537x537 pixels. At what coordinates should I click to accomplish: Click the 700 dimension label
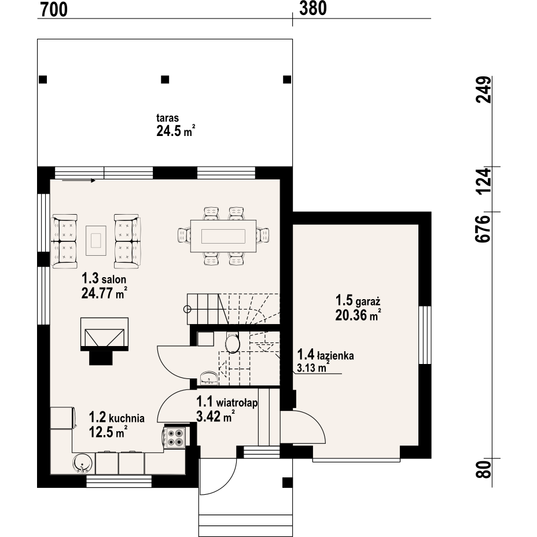pyautogui.click(x=54, y=10)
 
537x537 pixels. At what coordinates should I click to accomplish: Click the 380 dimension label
pyautogui.click(x=313, y=9)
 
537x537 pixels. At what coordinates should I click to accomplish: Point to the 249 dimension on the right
pyautogui.click(x=483, y=90)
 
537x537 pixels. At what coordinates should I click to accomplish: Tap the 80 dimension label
pyautogui.click(x=483, y=469)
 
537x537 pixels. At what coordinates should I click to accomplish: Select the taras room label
pyautogui.click(x=167, y=118)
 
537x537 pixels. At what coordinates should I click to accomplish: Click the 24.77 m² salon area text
pyautogui.click(x=105, y=293)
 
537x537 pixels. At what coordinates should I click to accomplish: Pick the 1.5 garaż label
pyautogui.click(x=358, y=300)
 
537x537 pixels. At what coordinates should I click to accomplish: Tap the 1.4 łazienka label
pyautogui.click(x=325, y=355)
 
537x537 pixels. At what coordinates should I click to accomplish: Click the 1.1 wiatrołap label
pyautogui.click(x=227, y=402)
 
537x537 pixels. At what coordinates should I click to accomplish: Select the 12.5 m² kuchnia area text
pyautogui.click(x=108, y=432)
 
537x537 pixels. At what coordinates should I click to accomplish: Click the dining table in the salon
pyautogui.click(x=223, y=236)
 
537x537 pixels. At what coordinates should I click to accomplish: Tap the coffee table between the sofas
pyautogui.click(x=96, y=240)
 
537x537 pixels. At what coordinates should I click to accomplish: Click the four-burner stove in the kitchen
pyautogui.click(x=175, y=437)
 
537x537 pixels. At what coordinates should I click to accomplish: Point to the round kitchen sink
pyautogui.click(x=83, y=464)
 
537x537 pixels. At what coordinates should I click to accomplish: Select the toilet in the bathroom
pyautogui.click(x=233, y=343)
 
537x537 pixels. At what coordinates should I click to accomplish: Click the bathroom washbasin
pyautogui.click(x=208, y=378)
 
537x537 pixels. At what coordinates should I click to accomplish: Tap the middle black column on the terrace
pyautogui.click(x=165, y=79)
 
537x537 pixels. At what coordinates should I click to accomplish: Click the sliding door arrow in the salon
pyautogui.click(x=79, y=181)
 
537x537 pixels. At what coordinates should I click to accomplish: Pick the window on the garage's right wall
pyautogui.click(x=425, y=334)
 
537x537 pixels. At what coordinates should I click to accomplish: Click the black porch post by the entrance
pyautogui.click(x=287, y=483)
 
